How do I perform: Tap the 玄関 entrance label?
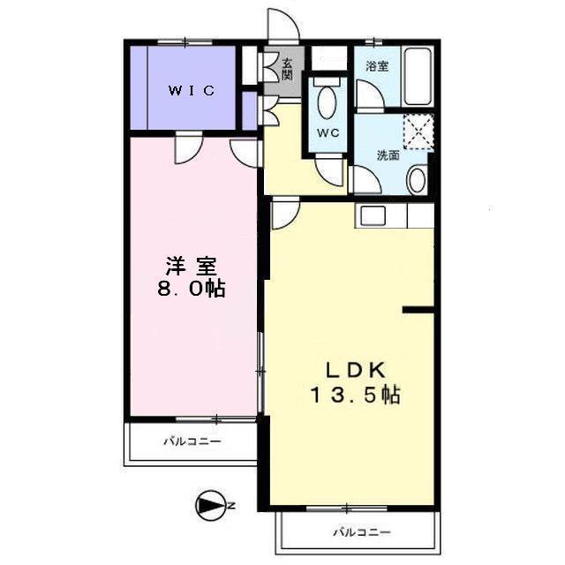pyautogui.click(x=287, y=70)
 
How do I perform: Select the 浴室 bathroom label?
pyautogui.click(x=377, y=66)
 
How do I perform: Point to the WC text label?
pyautogui.click(x=328, y=133)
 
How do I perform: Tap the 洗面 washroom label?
pyautogui.click(x=388, y=155)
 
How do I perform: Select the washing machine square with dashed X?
pyautogui.click(x=419, y=132)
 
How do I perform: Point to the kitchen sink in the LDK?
pyautogui.click(x=370, y=215)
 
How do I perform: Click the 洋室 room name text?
pyautogui.click(x=191, y=265)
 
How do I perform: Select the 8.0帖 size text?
pyautogui.click(x=191, y=289)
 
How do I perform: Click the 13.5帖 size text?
pyautogui.click(x=354, y=395)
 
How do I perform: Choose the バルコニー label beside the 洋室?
pyautogui.click(x=192, y=441)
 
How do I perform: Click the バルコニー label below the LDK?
pyautogui.click(x=361, y=531)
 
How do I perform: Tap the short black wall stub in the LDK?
pyautogui.click(x=418, y=309)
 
